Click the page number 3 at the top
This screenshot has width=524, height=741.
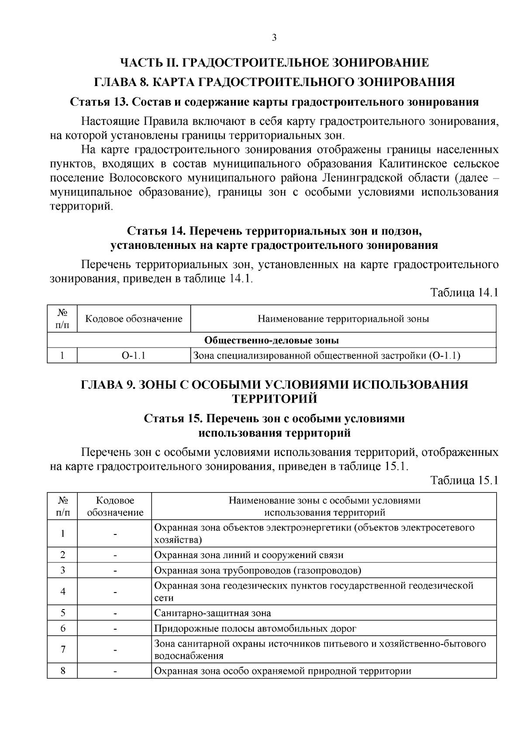click(x=274, y=38)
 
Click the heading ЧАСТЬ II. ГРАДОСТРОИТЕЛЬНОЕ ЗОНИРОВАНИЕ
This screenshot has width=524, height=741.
click(x=275, y=63)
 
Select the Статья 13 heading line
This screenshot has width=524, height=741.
click(x=275, y=102)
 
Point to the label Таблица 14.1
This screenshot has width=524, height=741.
click(x=464, y=293)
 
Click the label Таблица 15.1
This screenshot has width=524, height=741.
click(x=464, y=481)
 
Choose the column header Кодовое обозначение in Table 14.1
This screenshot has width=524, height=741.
click(x=134, y=319)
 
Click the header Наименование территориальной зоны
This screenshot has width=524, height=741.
click(x=343, y=319)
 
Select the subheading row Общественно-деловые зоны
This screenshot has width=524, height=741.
click(x=272, y=340)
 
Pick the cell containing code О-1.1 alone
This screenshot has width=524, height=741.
click(x=134, y=356)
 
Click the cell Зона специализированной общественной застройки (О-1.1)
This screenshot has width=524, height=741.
click(x=327, y=356)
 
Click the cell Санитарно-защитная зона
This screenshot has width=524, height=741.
click(x=213, y=613)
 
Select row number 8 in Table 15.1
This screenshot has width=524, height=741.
click(x=62, y=671)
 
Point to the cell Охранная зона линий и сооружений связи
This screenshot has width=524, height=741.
click(x=249, y=555)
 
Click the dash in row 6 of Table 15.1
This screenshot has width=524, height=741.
click(x=115, y=629)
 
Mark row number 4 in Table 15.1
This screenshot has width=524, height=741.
click(x=62, y=592)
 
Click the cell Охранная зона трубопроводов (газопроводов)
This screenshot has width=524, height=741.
click(x=258, y=570)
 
